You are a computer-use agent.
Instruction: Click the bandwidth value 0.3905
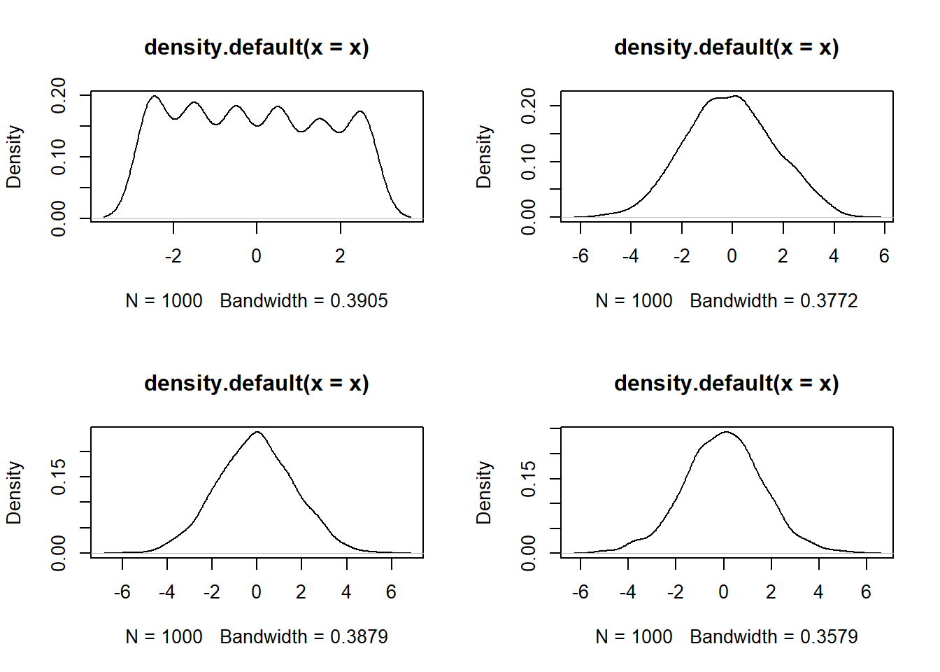[x=359, y=301]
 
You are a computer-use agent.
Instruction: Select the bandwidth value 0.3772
[x=829, y=301]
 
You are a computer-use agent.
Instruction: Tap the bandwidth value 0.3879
[x=359, y=637]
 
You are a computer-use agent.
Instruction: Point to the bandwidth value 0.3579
[x=829, y=637]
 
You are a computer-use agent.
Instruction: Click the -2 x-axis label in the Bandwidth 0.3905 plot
[x=173, y=256]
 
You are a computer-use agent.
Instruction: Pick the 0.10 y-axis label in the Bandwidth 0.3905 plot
[x=59, y=157]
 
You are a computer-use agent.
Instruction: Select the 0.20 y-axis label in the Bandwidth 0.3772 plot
[x=529, y=106]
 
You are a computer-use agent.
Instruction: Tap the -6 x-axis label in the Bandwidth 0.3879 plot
[x=122, y=592]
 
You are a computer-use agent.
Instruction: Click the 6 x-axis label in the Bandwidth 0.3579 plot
[x=866, y=592]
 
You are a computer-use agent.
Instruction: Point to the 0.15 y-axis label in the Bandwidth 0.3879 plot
[x=59, y=477]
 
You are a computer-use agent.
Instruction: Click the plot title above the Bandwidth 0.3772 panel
[x=726, y=48]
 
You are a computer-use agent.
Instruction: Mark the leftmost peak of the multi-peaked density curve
[x=155, y=96]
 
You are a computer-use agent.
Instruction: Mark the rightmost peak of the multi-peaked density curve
[x=360, y=111]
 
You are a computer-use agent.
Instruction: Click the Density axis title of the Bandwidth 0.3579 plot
[x=484, y=492]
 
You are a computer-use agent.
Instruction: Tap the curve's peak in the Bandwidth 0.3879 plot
[x=257, y=431]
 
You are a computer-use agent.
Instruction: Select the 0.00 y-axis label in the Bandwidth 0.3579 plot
[x=529, y=553]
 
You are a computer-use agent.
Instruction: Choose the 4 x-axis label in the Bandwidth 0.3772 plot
[x=834, y=256]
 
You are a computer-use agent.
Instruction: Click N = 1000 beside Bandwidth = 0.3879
[x=164, y=637]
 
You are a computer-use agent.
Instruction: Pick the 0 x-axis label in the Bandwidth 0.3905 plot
[x=257, y=256]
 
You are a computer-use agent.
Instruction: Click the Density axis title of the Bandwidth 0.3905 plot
[x=14, y=157]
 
